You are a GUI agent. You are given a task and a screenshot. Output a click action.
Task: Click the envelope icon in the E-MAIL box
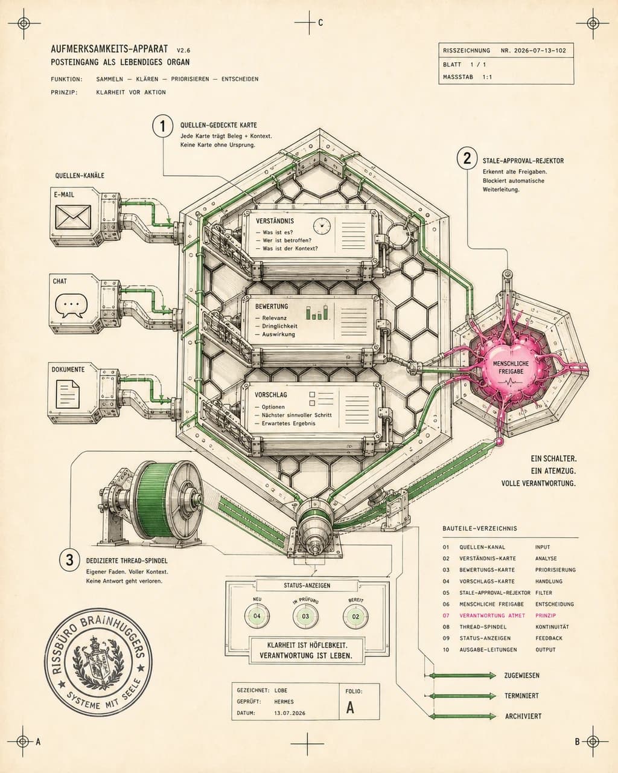pos(72,217)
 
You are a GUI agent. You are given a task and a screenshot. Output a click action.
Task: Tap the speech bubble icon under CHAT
pos(71,306)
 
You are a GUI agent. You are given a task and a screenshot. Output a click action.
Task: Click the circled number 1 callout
pos(162,126)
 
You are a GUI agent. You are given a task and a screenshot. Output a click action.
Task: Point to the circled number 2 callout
pos(467,158)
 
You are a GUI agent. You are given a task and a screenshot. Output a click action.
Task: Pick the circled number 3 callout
pos(69,560)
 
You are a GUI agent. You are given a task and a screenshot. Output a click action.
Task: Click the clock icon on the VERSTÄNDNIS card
pos(322,226)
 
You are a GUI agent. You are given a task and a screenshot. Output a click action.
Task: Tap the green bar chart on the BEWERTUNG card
pos(317,312)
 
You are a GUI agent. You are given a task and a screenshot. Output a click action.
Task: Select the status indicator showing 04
pos(257,616)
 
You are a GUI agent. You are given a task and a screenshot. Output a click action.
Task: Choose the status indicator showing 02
pos(355,617)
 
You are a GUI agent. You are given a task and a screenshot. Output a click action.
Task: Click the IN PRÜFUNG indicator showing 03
pos(305,617)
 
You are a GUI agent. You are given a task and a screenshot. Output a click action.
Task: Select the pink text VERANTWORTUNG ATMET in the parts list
pos(492,615)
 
